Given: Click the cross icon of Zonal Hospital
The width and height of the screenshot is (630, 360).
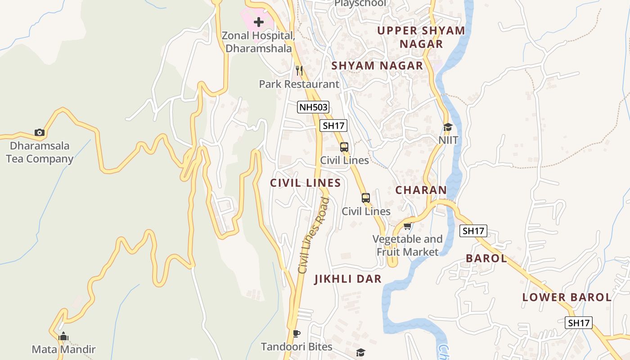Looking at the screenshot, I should pos(259,22).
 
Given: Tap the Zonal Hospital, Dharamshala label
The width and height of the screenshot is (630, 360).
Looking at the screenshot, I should pos(259,42).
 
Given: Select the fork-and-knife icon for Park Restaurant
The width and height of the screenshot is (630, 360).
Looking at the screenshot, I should pos(299,71).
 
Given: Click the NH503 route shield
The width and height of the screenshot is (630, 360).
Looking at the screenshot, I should pos(313,107).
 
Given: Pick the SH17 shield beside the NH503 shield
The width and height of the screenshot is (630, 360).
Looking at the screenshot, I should pos(333,126).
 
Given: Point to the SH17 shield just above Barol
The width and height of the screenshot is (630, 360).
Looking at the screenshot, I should pos(473,231).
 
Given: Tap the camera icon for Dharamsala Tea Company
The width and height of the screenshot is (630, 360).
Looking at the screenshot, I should pos(40,132).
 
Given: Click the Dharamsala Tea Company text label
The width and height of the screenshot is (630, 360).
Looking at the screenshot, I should pos(40,152).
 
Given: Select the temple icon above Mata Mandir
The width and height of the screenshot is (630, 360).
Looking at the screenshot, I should pos(63,336).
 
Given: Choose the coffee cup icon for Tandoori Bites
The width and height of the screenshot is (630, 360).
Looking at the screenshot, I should pos(296,333).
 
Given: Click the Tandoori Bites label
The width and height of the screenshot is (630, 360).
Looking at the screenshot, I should pos(297,347).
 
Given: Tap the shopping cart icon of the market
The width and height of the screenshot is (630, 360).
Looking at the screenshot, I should pos(407,226).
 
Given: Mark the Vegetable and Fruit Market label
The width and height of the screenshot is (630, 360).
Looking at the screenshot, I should pos(407,245).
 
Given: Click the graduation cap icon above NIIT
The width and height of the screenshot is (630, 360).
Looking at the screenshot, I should pos(448,127).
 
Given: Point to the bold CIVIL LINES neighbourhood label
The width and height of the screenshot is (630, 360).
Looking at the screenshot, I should pos(305,183).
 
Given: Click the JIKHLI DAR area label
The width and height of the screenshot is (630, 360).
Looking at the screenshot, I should pos(348,279).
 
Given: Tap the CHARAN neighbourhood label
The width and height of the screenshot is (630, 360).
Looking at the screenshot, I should pos(421,190).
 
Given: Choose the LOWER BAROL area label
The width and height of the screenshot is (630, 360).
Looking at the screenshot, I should pos(567,297).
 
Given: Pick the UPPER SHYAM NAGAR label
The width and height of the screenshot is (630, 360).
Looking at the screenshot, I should pos(421,37).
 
